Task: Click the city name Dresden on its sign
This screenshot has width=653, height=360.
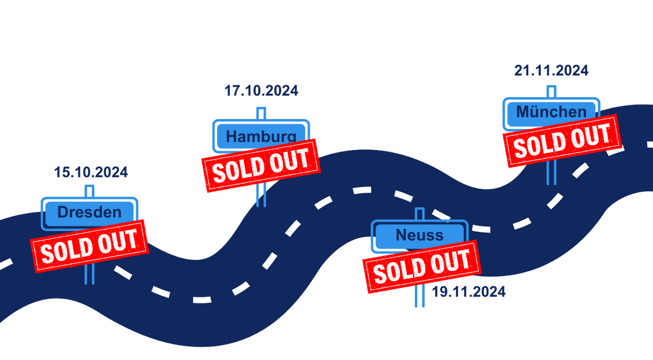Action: click(x=89, y=212)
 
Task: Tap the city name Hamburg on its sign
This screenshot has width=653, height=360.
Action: click(x=261, y=136)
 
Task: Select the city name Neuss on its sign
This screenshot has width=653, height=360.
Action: click(x=420, y=235)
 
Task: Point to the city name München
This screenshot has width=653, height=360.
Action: click(x=551, y=112)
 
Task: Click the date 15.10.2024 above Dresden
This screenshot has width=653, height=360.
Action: click(x=91, y=172)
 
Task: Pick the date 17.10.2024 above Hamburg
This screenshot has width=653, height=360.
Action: click(x=261, y=90)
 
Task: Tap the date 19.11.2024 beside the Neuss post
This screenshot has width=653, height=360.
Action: click(x=468, y=292)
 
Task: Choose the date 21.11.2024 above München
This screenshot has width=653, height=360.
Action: click(x=551, y=71)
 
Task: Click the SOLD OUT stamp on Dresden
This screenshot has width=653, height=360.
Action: click(x=89, y=245)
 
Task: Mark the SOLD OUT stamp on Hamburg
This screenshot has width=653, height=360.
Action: click(x=260, y=165)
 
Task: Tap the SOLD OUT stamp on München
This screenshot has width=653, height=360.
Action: click(x=561, y=141)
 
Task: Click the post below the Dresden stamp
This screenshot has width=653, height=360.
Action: click(x=89, y=274)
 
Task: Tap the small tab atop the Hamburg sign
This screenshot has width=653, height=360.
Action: click(x=261, y=113)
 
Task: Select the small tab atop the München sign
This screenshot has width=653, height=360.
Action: click(x=551, y=90)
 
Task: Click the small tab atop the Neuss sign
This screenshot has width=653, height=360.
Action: click(x=420, y=214)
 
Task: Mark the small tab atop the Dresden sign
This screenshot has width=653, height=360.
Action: click(x=89, y=190)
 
